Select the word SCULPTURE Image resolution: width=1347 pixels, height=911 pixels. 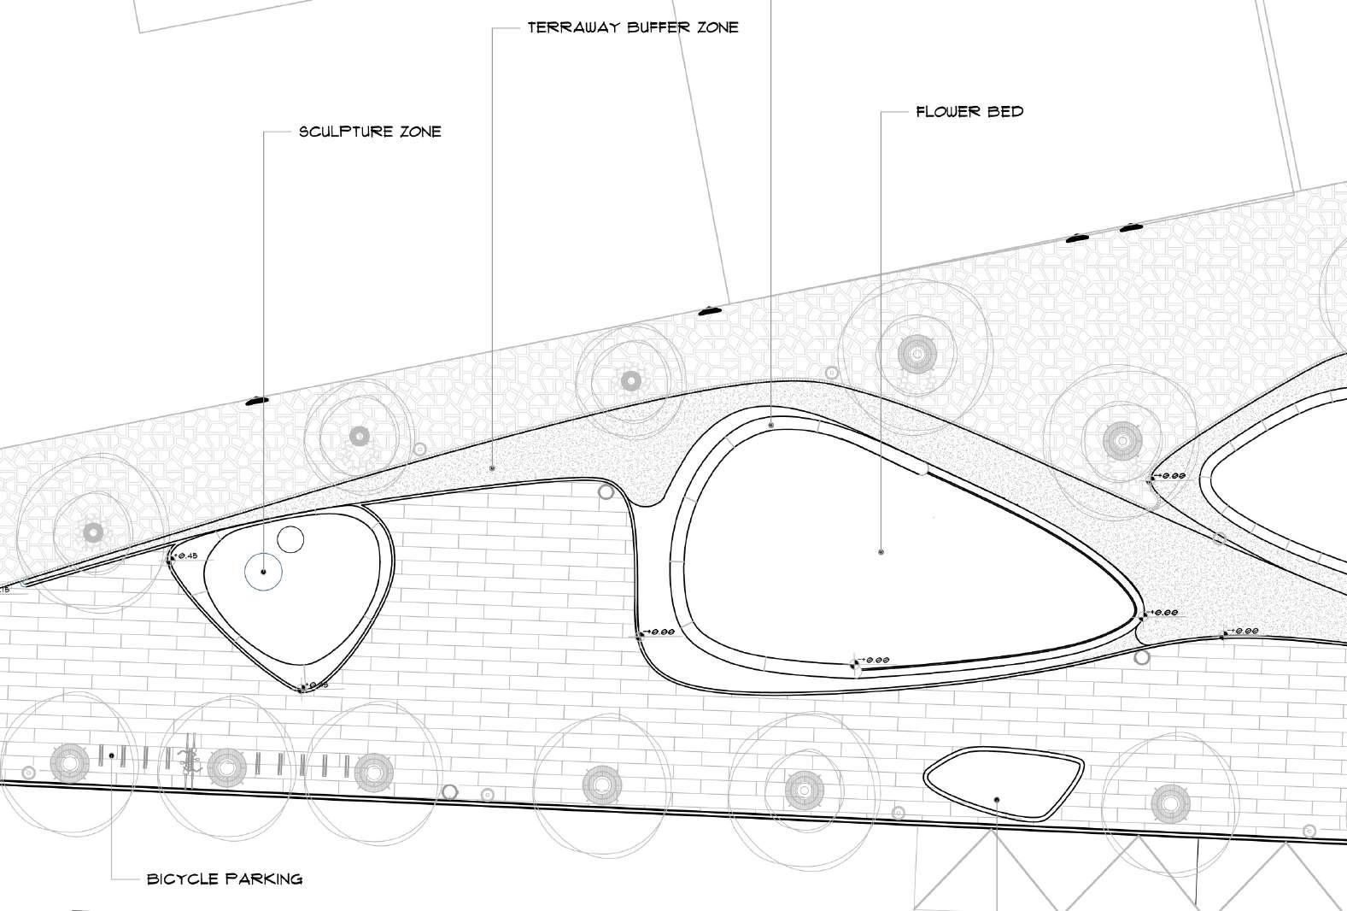pos(345,132)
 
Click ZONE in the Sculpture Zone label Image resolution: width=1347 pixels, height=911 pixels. pos(420,132)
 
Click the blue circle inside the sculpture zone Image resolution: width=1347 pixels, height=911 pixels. pos(264,572)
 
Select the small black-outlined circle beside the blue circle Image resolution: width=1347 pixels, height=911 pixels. pos(290,539)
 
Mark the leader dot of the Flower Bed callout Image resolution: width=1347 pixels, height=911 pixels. pos(881,552)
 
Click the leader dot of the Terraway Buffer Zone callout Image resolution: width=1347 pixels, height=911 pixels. pos(493,468)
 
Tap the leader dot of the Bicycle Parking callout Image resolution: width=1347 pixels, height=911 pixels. pos(112,755)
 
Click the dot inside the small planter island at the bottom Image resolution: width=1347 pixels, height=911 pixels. pos(997,800)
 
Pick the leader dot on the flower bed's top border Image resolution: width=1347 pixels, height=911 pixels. pos(771,424)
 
